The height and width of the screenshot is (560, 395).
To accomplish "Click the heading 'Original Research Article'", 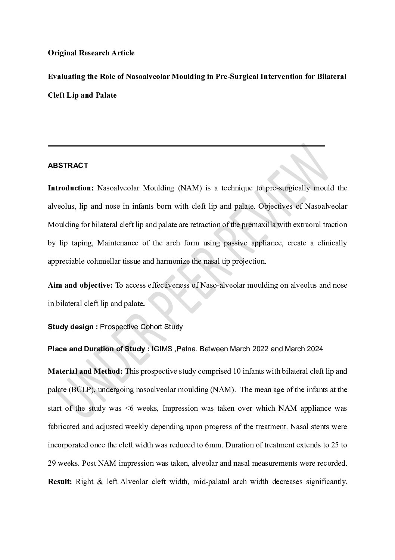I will coord(91,53).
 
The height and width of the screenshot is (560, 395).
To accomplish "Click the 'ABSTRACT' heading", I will coord(68,165).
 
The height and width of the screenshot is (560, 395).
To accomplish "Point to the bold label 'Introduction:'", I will coord(71,188).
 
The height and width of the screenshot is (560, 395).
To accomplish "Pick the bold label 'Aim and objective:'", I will coord(80,285).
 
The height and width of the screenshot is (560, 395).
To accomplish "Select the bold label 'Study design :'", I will coord(73,327).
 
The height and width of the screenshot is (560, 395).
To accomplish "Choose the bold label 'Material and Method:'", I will coord(85,371).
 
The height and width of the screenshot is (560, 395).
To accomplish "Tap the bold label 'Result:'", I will coord(60,482).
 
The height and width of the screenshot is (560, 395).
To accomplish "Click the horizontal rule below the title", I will coord(186,146).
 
